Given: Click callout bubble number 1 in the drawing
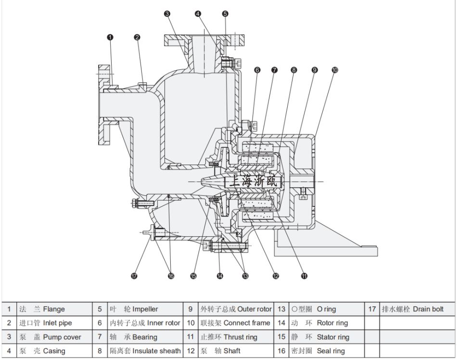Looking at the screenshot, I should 110,37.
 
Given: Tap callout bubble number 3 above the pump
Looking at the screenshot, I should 167,13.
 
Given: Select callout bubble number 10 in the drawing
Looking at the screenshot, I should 335,70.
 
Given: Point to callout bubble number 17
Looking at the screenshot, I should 134,276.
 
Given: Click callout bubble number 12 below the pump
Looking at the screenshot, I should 276,276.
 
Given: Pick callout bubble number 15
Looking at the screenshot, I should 193,276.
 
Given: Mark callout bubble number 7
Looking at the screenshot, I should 274,70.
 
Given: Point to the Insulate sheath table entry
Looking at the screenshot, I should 145,351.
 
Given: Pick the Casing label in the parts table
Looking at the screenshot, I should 54,351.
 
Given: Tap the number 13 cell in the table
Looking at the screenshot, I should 281,309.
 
